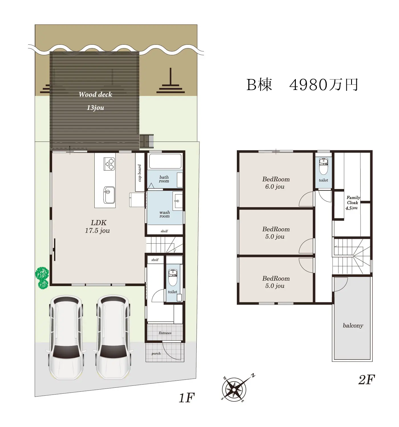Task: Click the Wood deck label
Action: pyautogui.click(x=95, y=95)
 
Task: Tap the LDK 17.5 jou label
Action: pyautogui.click(x=97, y=227)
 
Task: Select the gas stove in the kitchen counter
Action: pyautogui.click(x=109, y=164)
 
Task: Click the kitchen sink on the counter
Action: pyautogui.click(x=109, y=195)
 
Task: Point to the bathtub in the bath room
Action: pyautogui.click(x=165, y=161)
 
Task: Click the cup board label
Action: pyautogui.click(x=140, y=173)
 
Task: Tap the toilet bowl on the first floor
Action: pyautogui.click(x=173, y=277)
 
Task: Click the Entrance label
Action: pyautogui.click(x=165, y=333)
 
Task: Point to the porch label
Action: pyautogui.click(x=156, y=354)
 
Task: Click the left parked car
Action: pyautogui.click(x=66, y=337)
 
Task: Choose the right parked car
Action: pyautogui.click(x=113, y=337)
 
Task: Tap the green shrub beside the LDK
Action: pyautogui.click(x=42, y=278)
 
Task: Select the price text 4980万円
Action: pyautogui.click(x=324, y=85)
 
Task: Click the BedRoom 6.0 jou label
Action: pyautogui.click(x=276, y=183)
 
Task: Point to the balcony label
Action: pyautogui.click(x=353, y=325)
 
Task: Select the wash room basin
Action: pyautogui.click(x=178, y=201)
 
